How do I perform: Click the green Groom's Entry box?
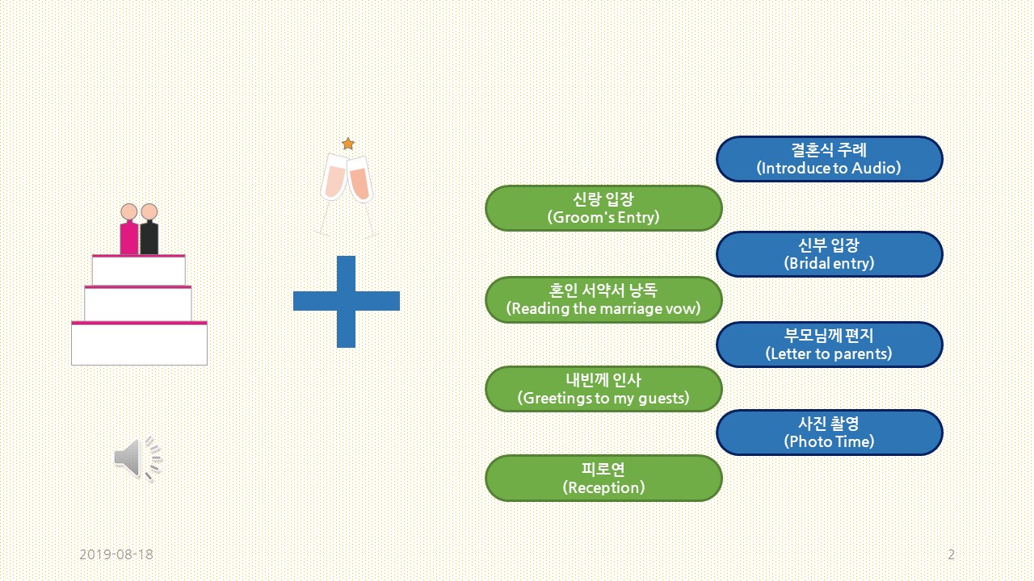[x=603, y=208]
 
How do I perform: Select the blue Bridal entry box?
[x=829, y=254]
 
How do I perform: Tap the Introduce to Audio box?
[x=829, y=159]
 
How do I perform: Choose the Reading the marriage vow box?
[x=603, y=299]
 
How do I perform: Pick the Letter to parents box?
[x=829, y=345]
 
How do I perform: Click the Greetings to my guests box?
[x=603, y=389]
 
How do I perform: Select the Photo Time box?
[x=829, y=433]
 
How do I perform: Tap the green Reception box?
[x=603, y=478]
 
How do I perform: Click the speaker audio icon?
[x=137, y=458]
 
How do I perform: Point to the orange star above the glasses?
[x=348, y=144]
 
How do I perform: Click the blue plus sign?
[x=346, y=301]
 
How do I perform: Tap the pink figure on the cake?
[x=129, y=232]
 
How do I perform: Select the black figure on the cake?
[x=149, y=232]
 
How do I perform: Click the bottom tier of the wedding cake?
[x=139, y=345]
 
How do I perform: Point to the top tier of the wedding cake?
[x=139, y=270]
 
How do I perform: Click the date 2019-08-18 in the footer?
[x=116, y=554]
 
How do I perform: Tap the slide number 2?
[x=951, y=554]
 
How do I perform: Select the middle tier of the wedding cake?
[x=138, y=304]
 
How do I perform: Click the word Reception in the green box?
[x=603, y=487]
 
